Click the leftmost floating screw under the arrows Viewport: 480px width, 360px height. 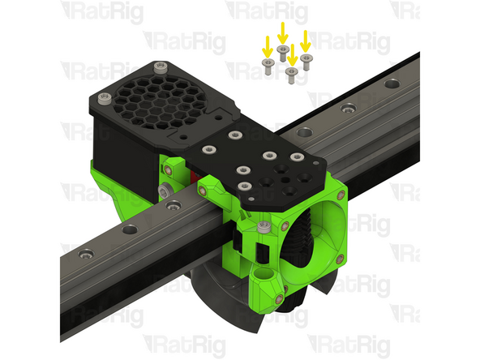tap(267, 62)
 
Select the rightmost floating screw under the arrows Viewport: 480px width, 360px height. tap(306, 58)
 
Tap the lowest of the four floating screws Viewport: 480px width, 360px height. tap(291, 72)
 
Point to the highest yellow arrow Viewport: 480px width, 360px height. tap(282, 33)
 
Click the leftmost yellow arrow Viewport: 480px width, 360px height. tap(267, 45)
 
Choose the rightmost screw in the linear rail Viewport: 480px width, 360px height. tap(394, 83)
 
